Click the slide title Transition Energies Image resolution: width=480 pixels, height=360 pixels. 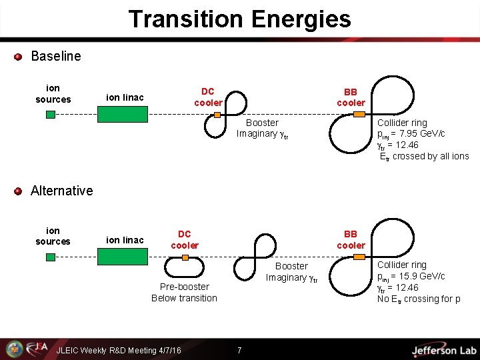tap(239, 19)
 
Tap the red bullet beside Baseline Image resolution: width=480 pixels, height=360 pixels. tap(19, 57)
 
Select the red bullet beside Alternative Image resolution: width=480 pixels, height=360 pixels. tap(19, 191)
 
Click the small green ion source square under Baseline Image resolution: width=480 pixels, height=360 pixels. tap(51, 114)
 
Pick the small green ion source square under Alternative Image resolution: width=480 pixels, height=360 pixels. tap(51, 257)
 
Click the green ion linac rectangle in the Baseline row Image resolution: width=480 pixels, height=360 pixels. tap(122, 114)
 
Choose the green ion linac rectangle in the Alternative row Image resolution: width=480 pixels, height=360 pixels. tap(122, 257)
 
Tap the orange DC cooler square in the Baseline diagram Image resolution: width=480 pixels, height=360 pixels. tap(217, 115)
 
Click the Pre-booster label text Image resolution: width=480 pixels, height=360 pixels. tap(184, 287)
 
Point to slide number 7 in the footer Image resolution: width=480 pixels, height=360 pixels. tap(239, 351)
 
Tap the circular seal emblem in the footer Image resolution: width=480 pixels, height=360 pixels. tap(14, 349)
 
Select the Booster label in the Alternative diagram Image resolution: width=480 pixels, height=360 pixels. tap(291, 266)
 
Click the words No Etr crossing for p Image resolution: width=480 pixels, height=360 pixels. tap(418, 299)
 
